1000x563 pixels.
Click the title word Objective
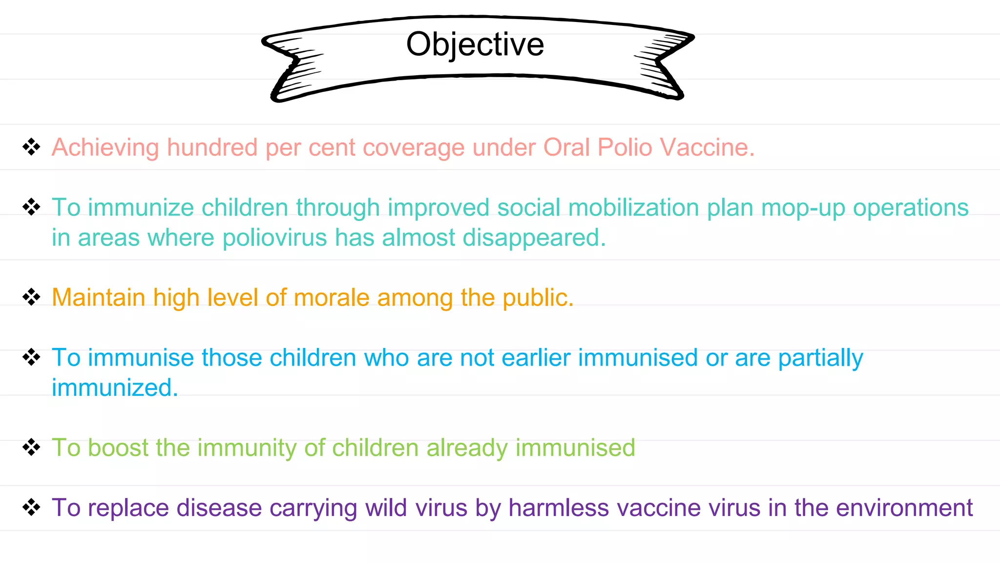[475, 44]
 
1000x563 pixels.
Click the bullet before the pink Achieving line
[31, 147]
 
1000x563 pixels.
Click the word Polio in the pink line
[625, 147]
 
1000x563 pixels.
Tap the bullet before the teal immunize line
[31, 207]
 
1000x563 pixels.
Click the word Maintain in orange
[98, 298]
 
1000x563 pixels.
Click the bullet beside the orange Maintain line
[31, 297]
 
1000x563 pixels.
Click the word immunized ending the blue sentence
[115, 388]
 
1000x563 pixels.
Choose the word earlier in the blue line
[536, 358]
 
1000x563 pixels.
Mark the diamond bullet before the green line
[31, 447]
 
